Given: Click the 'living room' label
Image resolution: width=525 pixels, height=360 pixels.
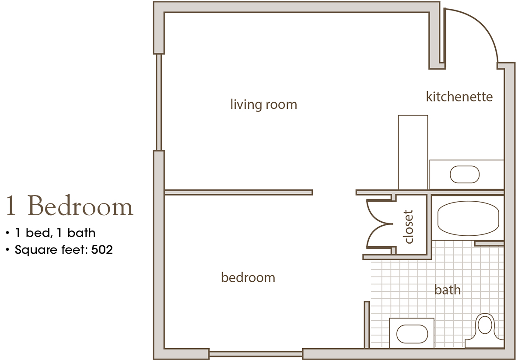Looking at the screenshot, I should pyautogui.click(x=263, y=105).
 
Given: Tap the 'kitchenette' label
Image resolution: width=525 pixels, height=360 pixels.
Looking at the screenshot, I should pyautogui.click(x=459, y=97).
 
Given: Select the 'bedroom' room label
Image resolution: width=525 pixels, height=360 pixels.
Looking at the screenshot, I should pyautogui.click(x=248, y=277).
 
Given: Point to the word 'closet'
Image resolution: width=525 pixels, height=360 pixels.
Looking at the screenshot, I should pyautogui.click(x=409, y=227).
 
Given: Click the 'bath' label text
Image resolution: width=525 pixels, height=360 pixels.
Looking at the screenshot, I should pyautogui.click(x=448, y=290).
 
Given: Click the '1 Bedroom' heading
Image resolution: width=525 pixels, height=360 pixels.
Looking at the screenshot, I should pyautogui.click(x=69, y=207).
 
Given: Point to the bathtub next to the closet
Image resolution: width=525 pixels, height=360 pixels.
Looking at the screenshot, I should pyautogui.click(x=468, y=218).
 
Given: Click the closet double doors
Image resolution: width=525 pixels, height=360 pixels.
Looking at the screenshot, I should pyautogui.click(x=378, y=227).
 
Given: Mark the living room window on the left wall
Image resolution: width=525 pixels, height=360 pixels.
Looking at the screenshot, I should pyautogui.click(x=159, y=102).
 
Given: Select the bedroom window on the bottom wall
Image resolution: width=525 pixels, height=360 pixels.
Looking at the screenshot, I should pyautogui.click(x=255, y=353).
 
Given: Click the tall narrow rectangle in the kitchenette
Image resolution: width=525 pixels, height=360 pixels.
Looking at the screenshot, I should pyautogui.click(x=413, y=152).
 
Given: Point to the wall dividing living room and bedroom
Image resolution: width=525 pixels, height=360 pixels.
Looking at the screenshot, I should pyautogui.click(x=238, y=192).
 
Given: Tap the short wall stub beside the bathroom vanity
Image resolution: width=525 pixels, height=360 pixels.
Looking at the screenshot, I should pyautogui.click(x=366, y=324).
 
